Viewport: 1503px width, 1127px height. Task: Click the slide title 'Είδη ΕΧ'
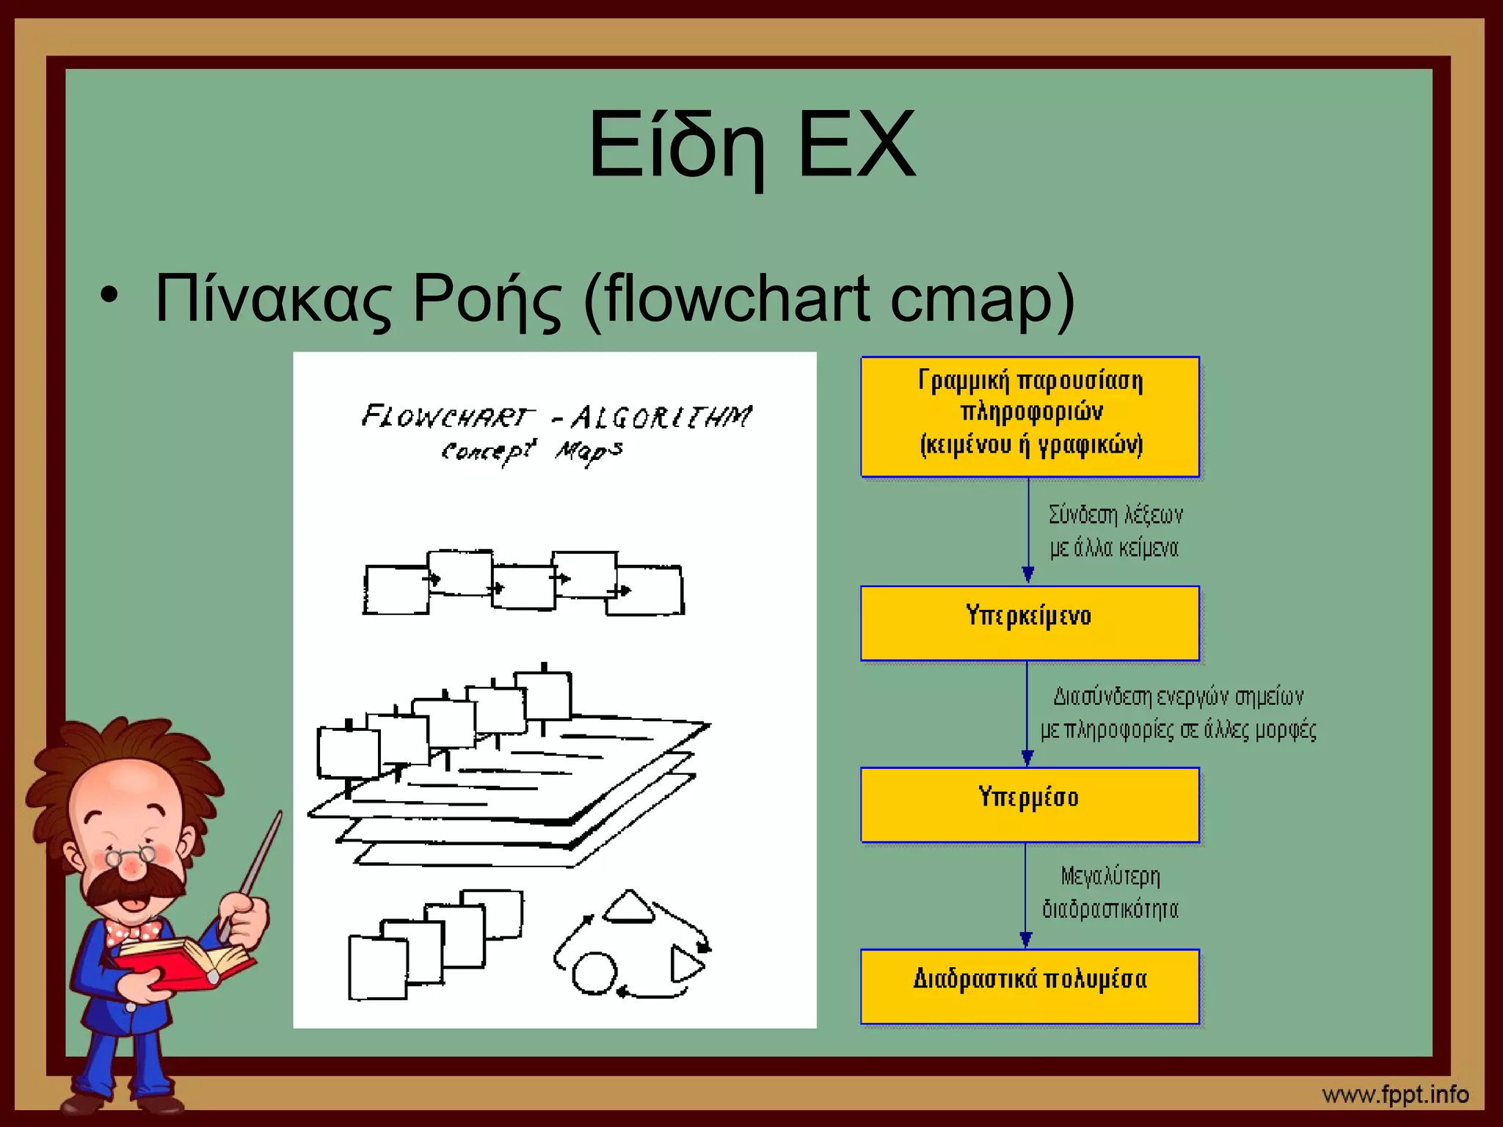752,145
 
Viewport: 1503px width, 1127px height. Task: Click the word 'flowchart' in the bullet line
740,299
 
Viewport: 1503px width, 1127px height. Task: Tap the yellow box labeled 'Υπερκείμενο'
1029,623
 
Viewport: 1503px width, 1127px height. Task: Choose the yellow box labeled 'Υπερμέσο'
1029,804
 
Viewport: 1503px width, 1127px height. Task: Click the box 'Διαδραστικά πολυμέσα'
1029,985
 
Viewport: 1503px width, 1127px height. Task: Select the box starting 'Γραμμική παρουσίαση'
1029,416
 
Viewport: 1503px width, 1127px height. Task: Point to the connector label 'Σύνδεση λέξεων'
1116,515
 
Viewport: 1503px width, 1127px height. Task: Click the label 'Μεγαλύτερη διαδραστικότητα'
1110,893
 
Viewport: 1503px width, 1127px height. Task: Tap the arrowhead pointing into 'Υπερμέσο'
1027,758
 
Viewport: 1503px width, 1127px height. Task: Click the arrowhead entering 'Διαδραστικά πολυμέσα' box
1026,940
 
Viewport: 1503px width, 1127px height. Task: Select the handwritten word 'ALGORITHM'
660,417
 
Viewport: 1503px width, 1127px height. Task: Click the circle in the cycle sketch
594,974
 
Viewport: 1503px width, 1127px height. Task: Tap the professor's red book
183,962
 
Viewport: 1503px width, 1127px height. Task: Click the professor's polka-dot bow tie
133,933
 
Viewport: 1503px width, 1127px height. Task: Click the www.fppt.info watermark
1395,1095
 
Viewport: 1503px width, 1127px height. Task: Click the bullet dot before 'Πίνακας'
109,296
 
